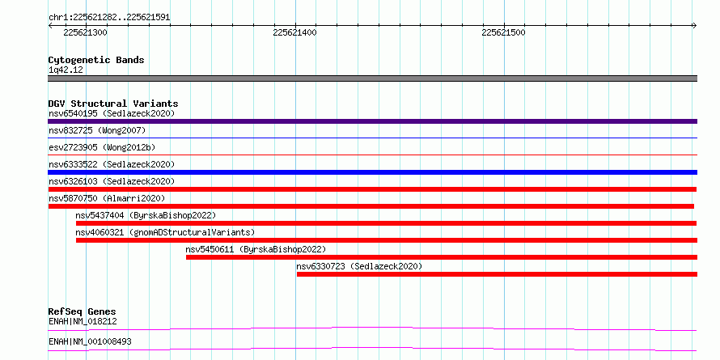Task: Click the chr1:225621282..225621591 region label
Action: click(109, 18)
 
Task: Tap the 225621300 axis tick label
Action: click(86, 32)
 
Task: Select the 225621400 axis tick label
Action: click(294, 32)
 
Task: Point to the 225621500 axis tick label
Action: click(504, 32)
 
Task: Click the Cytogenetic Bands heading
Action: click(96, 60)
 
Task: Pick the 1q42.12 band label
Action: click(66, 70)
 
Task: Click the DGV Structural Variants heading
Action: click(113, 104)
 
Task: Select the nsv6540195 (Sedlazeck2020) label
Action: click(112, 113)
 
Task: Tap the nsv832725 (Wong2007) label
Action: click(97, 130)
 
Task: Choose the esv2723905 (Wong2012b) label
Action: click(102, 147)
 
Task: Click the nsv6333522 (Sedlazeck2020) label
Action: click(112, 164)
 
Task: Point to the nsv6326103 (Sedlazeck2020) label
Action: click(112, 181)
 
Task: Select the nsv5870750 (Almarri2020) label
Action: click(107, 198)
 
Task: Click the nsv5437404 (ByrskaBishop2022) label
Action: click(146, 215)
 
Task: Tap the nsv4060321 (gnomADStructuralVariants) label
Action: click(165, 232)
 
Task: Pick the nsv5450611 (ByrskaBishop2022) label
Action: click(256, 249)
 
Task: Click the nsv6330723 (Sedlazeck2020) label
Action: click(359, 266)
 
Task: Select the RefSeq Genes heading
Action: click(83, 311)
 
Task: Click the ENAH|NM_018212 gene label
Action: click(83, 321)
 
